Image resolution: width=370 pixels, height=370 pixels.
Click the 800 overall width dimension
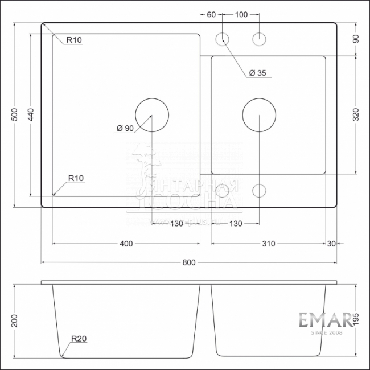pyautogui.click(x=189, y=262)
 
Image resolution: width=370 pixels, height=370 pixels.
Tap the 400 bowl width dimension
pyautogui.click(x=126, y=244)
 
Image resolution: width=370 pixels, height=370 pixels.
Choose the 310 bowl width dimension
pyautogui.click(x=269, y=244)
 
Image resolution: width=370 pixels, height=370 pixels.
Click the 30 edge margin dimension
pyautogui.click(x=331, y=244)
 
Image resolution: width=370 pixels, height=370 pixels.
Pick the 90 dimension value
pyautogui.click(x=356, y=39)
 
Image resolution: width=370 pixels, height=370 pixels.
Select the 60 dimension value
pyautogui.click(x=211, y=15)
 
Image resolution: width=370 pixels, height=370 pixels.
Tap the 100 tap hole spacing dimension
pyautogui.click(x=241, y=15)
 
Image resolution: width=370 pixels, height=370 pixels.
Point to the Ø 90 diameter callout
pyautogui.click(x=125, y=129)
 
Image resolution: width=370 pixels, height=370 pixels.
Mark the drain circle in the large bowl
pyautogui.click(x=151, y=115)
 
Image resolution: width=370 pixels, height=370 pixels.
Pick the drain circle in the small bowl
pyautogui.click(x=259, y=115)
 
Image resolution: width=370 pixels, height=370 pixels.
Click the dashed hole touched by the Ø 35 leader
pyautogui.click(x=221, y=39)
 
